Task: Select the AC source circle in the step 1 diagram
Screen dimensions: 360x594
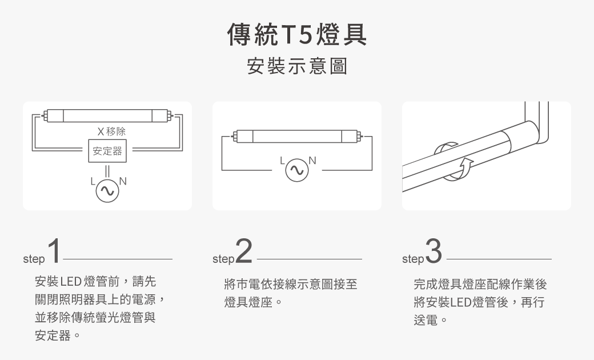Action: point(107,191)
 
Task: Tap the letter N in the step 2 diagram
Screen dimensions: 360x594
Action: point(311,159)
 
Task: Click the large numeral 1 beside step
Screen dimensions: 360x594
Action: point(54,252)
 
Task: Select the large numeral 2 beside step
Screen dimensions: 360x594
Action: point(244,252)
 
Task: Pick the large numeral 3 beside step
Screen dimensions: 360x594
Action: point(434,252)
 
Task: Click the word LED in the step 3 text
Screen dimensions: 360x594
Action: point(461,302)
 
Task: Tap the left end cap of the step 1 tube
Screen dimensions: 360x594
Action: point(55,115)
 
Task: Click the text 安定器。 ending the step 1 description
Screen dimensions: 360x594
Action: point(57,335)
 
